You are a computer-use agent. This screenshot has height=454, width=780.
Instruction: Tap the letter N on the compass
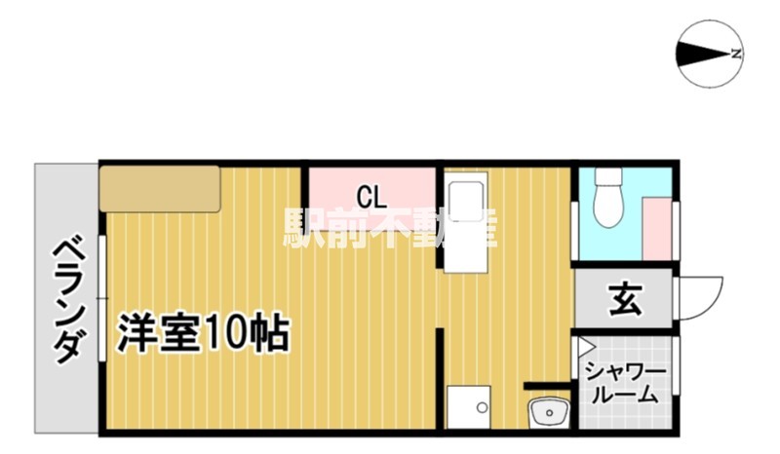(737, 53)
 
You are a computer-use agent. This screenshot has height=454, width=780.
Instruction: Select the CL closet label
(370, 197)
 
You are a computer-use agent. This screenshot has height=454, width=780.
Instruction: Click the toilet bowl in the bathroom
(609, 209)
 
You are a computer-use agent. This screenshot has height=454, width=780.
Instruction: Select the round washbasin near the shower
(548, 413)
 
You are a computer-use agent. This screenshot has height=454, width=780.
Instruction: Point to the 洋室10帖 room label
(203, 334)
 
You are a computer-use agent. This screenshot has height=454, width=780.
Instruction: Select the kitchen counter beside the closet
(464, 224)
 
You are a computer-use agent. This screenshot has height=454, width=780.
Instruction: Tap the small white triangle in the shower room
(586, 346)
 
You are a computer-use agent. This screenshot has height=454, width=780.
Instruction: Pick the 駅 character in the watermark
(305, 227)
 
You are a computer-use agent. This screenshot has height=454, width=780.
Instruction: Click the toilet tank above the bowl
(609, 177)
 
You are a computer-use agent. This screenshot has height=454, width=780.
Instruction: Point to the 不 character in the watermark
(392, 227)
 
